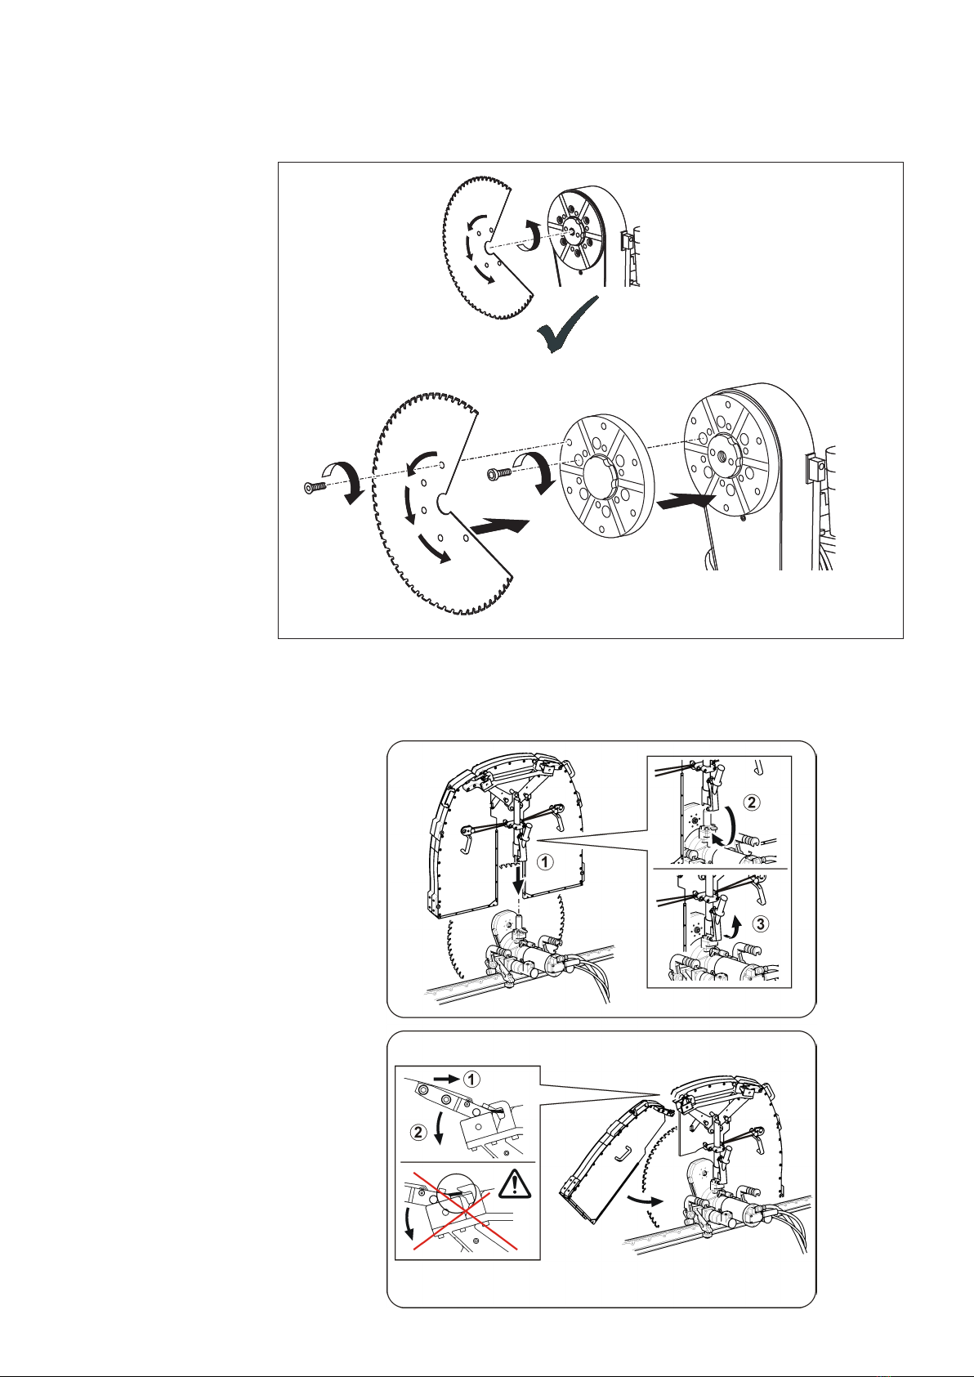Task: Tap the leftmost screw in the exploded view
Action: [x=315, y=488]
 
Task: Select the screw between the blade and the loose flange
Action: [x=498, y=473]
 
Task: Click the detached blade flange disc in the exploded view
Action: [x=607, y=477]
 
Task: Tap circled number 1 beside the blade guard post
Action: [x=544, y=862]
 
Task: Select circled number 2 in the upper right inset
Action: [x=752, y=803]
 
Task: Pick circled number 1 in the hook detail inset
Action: [x=471, y=1078]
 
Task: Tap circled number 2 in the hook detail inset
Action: [x=418, y=1132]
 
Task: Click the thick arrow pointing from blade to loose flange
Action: [x=499, y=526]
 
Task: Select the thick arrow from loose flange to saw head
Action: [x=686, y=500]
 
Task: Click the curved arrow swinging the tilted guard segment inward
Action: [x=645, y=1198]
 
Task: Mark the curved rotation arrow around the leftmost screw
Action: [x=345, y=480]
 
